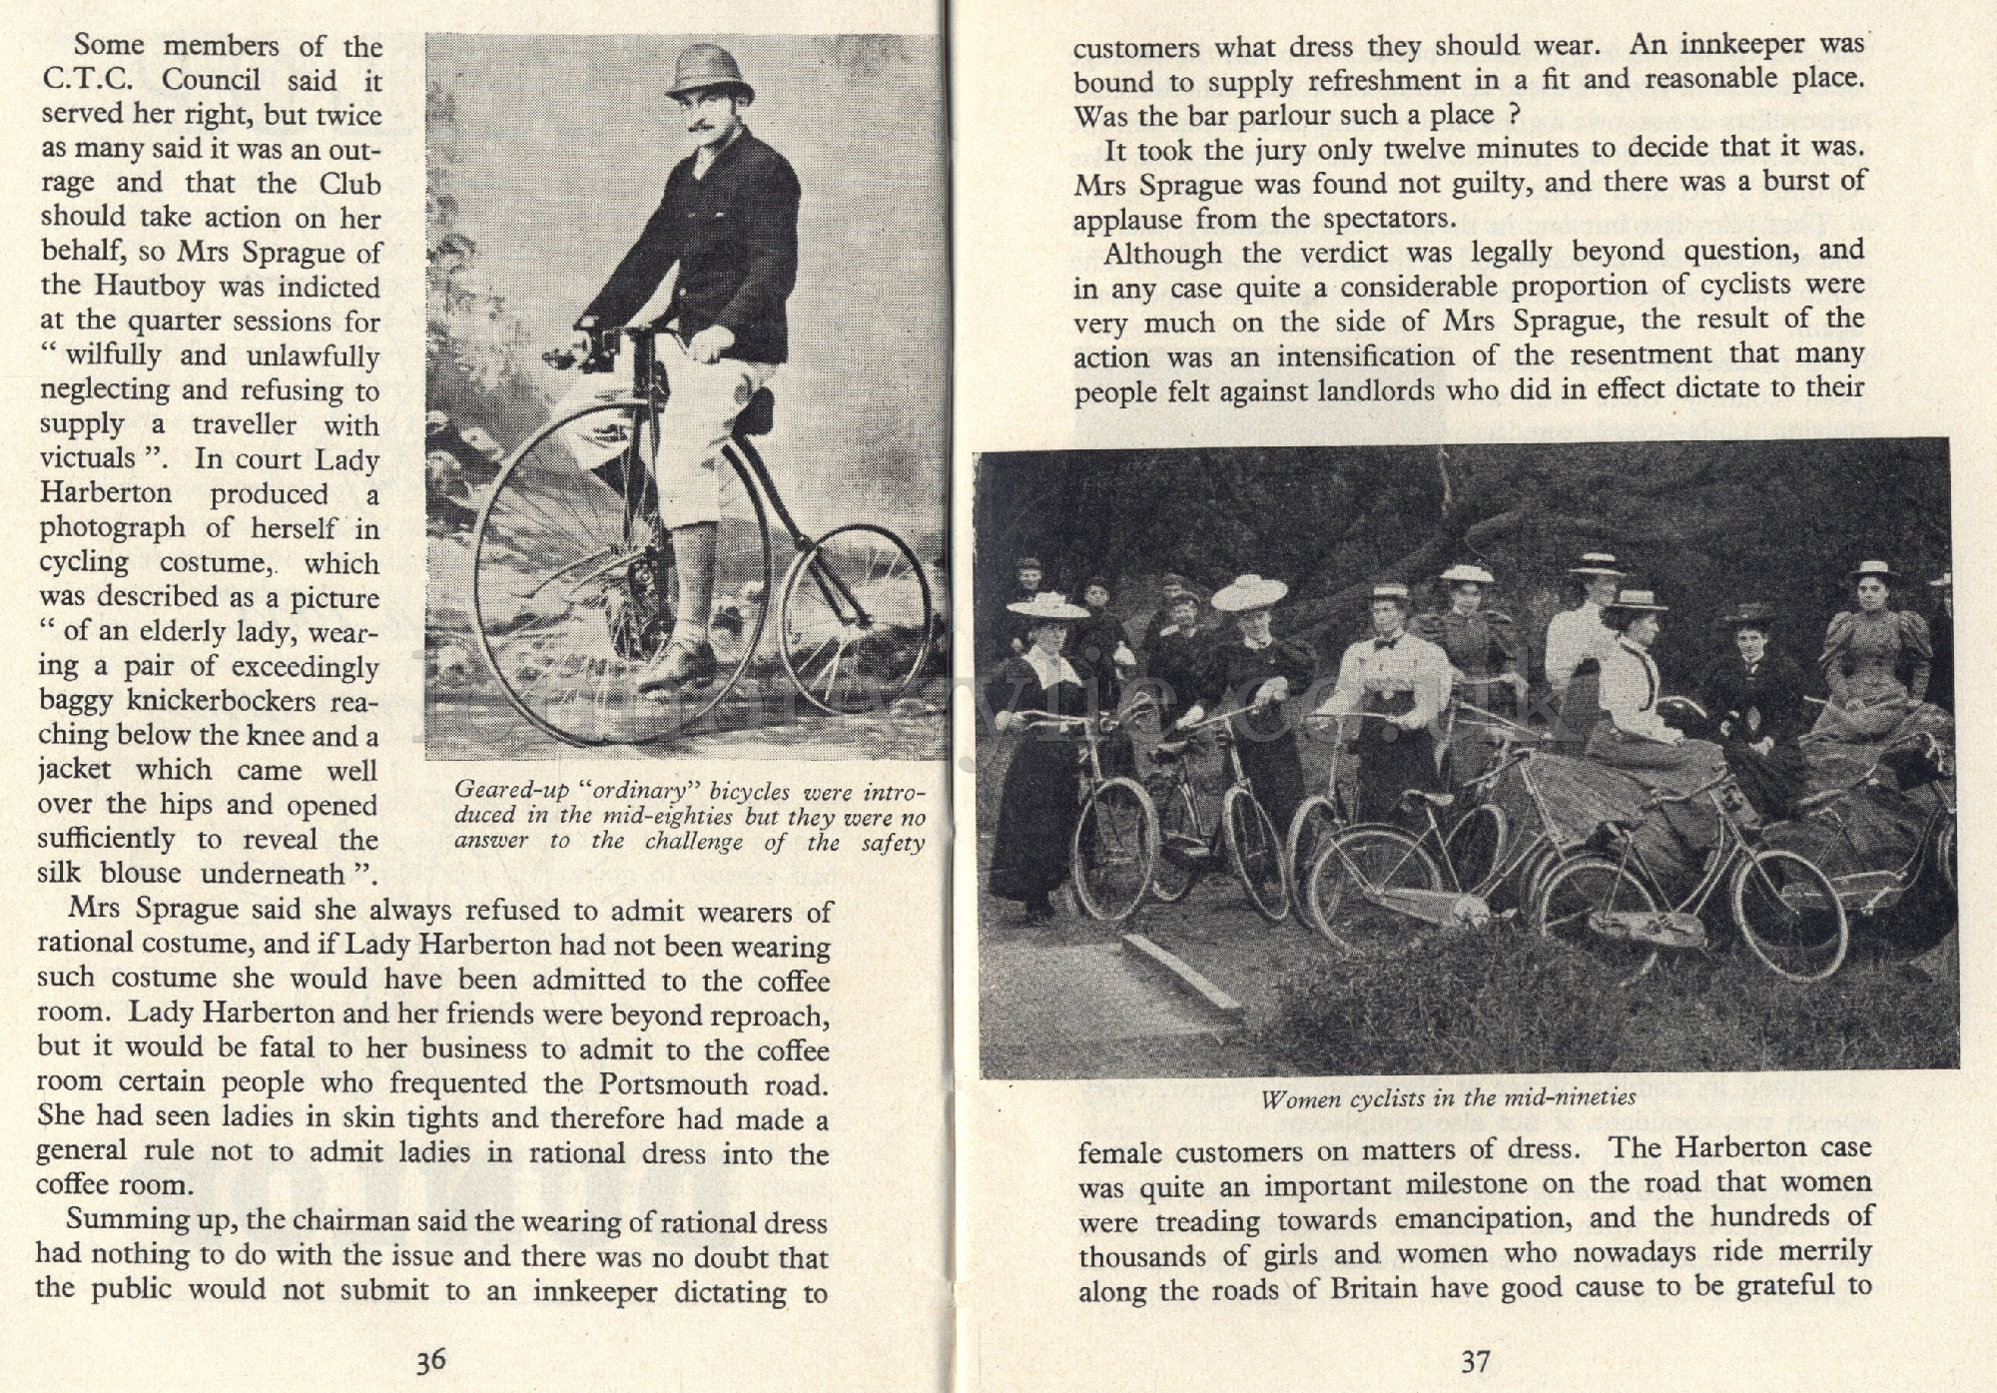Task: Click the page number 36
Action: (430, 1360)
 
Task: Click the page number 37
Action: (1475, 1360)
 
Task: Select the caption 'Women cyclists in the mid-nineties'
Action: (1448, 1098)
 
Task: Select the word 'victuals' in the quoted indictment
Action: (88, 458)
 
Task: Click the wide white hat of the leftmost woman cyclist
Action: (1046, 605)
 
